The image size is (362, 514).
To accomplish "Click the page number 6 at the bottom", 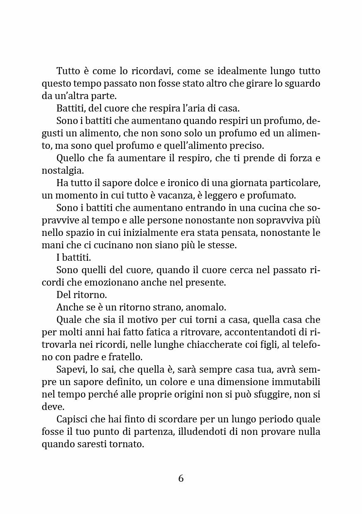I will point(181,478).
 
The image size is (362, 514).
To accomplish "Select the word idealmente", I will point(236,71).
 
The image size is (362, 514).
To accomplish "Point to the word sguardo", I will point(302,83).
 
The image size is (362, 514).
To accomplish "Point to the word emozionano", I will point(119,283).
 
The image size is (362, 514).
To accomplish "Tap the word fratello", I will point(125,357).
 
